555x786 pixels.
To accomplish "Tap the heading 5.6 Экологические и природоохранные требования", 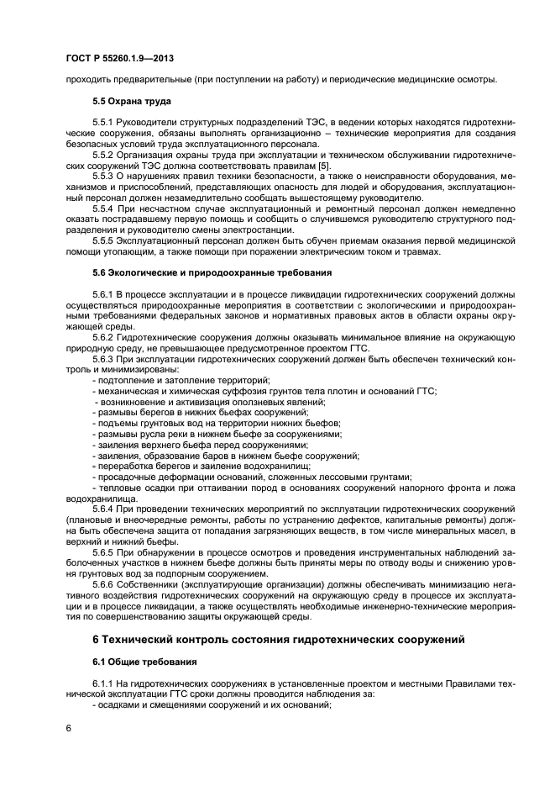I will coord(212,272).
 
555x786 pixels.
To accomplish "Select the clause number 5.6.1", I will coord(104,294).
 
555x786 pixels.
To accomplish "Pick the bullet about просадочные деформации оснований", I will coord(252,475).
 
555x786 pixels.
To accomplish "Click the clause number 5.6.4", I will coord(104,509).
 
